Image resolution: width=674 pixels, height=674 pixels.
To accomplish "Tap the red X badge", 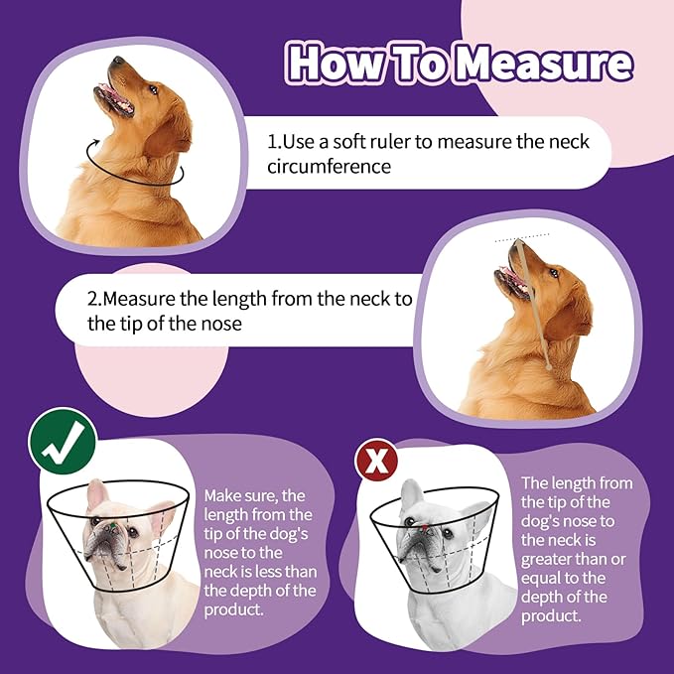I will [376, 461].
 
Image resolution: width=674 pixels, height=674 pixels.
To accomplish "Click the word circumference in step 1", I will [328, 167].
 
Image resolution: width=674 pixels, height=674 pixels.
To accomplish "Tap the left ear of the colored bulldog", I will [96, 493].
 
